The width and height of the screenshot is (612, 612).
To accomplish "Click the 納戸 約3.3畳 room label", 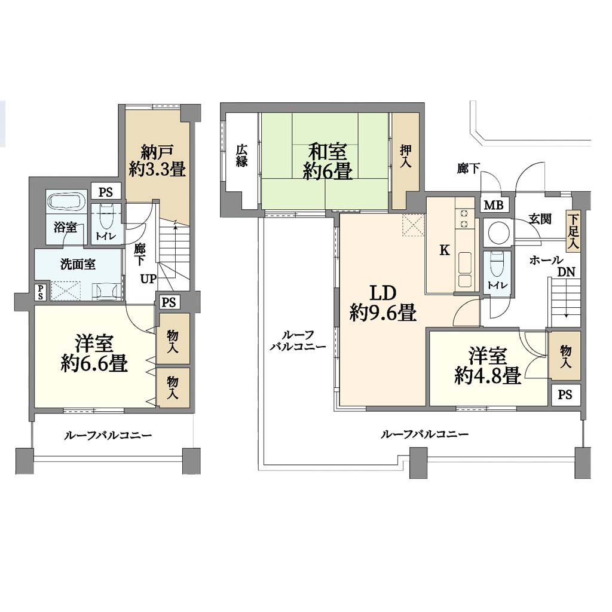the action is coord(157,160).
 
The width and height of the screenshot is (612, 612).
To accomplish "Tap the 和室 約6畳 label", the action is coord(328,161).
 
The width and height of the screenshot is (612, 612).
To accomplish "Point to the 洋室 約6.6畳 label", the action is coord(94,353).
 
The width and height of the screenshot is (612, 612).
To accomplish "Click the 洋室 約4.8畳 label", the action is coord(488,366).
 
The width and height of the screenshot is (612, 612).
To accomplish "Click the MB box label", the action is coord(494,205).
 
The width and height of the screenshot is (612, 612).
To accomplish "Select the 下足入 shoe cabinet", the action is coord(573,232).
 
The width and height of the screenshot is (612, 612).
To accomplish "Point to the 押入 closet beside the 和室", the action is coord(405,161).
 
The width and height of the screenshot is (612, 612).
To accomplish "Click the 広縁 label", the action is coord(241,156).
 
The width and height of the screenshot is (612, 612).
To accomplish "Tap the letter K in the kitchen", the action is coord(444,250).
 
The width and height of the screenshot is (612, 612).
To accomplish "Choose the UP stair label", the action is coord(148,279).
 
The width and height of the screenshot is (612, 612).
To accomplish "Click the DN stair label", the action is coord(566,272).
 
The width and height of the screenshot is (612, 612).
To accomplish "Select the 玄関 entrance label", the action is coord(540,219).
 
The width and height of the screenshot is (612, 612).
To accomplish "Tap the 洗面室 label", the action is coord(78,265).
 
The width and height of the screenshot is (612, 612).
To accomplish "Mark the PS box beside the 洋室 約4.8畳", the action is coord(565,394).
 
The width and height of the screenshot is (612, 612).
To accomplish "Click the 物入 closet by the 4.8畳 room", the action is coord(565,356).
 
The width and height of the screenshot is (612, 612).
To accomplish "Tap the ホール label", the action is coord(546,260).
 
